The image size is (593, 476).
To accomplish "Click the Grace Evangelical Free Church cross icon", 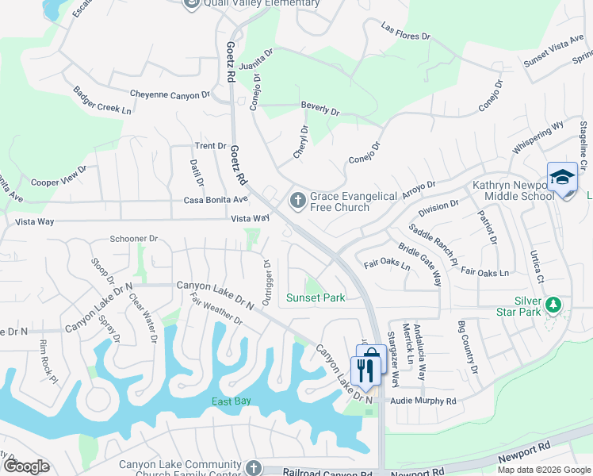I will pos(297,201).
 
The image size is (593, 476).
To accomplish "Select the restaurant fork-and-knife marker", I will pos(365,370).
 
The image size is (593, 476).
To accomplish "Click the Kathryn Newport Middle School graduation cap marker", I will pos(562,177).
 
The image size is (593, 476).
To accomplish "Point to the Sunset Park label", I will pos(316,297).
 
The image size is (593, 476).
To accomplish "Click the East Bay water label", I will pos(231,401).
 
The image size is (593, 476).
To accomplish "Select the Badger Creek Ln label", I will pos(102,100).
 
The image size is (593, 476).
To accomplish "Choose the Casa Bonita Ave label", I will pos(216,201).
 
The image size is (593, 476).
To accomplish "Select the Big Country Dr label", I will pos(468,348).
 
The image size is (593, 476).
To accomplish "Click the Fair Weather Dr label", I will pos(216,309).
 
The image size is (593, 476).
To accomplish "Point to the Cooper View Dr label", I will pos(59,177).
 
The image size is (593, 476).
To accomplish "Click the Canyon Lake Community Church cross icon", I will pos(253,468).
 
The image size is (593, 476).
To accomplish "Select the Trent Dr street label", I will pos(211,146).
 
